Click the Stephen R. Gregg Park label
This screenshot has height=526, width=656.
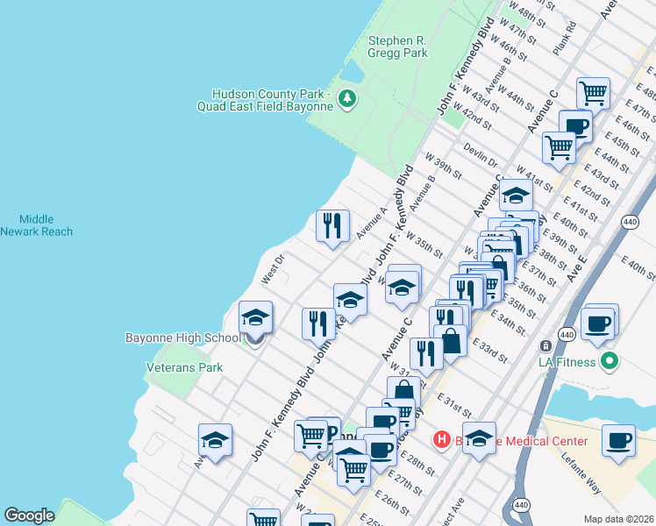click(398, 46)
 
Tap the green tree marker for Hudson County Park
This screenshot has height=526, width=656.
click(348, 98)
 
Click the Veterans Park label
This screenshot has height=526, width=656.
click(184, 368)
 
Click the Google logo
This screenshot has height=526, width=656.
click(29, 515)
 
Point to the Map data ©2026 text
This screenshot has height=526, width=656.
click(619, 519)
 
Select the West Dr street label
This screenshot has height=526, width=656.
click(273, 269)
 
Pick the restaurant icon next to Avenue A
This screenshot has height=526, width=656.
click(332, 226)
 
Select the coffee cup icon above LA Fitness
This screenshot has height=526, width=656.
click(599, 323)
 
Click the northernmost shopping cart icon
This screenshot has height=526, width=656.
click(594, 91)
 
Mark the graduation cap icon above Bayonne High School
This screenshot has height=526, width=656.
click(255, 316)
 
